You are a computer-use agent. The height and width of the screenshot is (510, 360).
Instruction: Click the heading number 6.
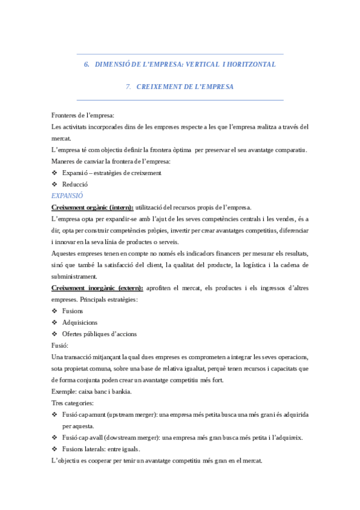click(86, 64)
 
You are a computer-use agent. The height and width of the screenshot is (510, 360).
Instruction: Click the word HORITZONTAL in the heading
click(252, 64)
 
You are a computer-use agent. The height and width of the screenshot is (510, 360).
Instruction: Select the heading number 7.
click(129, 87)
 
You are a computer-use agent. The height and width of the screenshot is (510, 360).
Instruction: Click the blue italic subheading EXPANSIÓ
click(67, 195)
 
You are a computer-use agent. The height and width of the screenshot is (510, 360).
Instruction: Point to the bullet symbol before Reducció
click(55, 184)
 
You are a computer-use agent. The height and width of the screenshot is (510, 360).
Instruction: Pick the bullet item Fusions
click(72, 311)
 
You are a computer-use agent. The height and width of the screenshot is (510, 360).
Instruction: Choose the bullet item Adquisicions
click(79, 322)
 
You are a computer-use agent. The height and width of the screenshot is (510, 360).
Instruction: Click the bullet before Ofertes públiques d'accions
click(55, 334)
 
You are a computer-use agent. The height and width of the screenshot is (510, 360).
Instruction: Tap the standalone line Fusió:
click(60, 345)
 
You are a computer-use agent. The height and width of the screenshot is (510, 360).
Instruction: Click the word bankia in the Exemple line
click(122, 392)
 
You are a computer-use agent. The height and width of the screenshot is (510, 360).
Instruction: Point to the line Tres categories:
click(73, 403)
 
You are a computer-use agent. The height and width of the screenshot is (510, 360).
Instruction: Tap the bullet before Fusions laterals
click(55, 449)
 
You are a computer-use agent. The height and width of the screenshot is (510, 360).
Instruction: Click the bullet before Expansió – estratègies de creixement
click(55, 173)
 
